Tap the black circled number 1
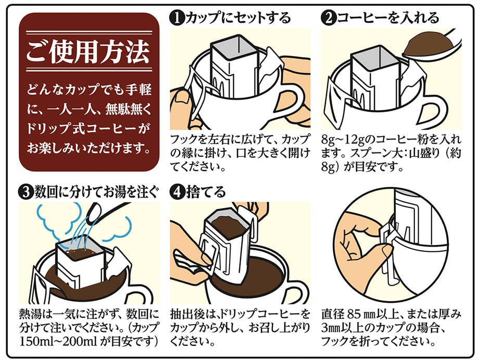click(178, 18)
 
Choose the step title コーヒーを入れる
click(388, 18)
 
